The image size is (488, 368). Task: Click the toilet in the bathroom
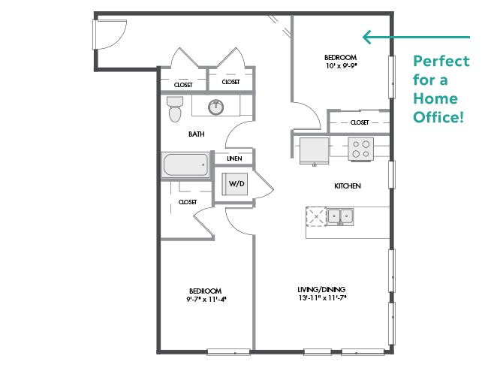coord(175,109)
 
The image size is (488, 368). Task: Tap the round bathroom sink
coord(215,107)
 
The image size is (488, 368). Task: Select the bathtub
coord(185,164)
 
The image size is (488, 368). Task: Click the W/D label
coord(236,184)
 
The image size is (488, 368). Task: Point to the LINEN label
coord(234,158)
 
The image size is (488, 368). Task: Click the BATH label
coord(197,134)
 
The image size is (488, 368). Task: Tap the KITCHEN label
coord(348,186)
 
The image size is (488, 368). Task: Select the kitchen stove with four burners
coord(360,149)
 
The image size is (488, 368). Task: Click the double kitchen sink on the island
coord(340,216)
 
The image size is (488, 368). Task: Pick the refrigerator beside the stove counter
coord(314,151)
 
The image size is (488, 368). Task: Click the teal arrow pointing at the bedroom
coord(416,37)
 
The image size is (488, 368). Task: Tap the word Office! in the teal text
coord(438,116)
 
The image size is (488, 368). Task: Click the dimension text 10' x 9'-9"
coord(341,65)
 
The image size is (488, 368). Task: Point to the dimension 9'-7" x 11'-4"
coord(206,300)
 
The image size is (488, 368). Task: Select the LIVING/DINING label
coord(321,290)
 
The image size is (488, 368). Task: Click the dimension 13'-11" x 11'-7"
coord(322,298)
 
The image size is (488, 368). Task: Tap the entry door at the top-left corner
coord(110,35)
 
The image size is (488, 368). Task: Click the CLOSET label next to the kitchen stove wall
coord(360,122)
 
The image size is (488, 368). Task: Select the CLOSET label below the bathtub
coord(188,202)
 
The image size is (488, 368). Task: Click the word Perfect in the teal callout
coord(441,61)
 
